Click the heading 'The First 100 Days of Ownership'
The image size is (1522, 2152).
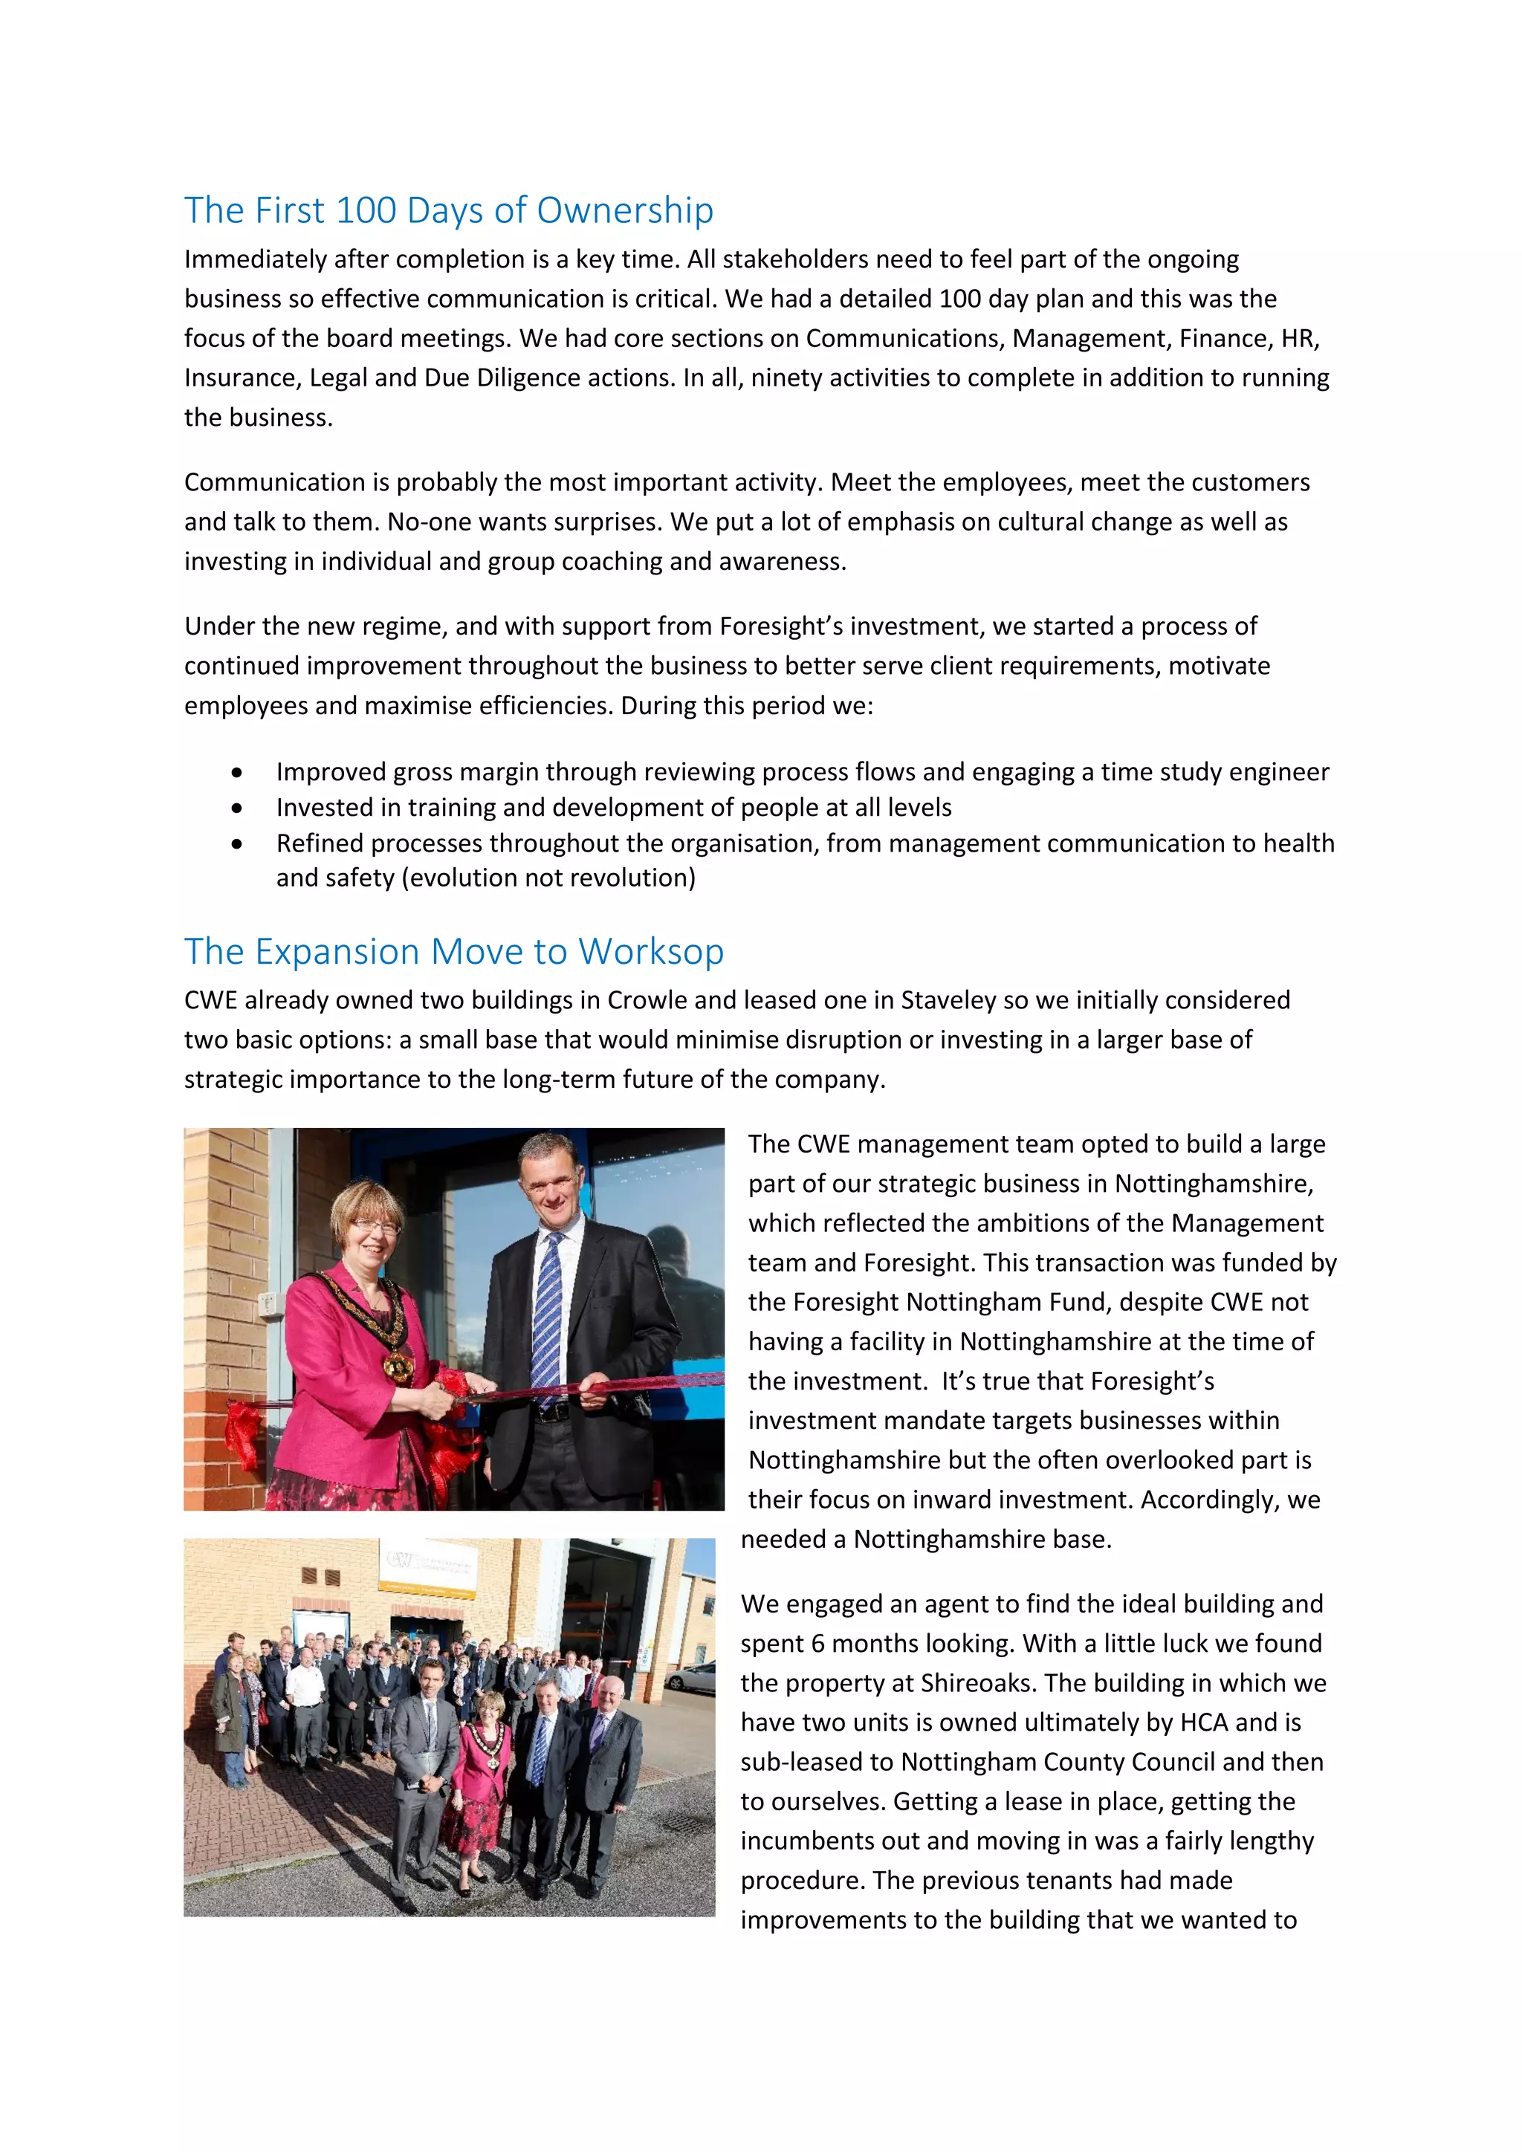tap(448, 210)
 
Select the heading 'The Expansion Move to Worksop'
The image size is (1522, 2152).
tap(453, 951)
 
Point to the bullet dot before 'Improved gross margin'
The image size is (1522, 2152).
tap(237, 772)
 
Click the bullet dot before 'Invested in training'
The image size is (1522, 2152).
tap(237, 808)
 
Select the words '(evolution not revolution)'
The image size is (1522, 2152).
tap(548, 878)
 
